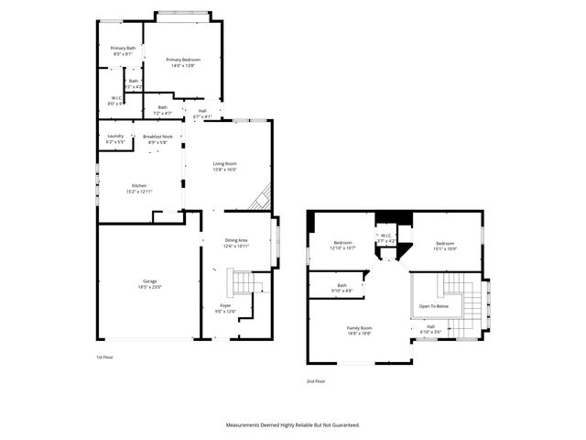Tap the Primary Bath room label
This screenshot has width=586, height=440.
click(123, 49)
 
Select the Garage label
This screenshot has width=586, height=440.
click(149, 282)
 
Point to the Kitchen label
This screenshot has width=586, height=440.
click(139, 185)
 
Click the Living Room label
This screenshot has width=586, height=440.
click(225, 164)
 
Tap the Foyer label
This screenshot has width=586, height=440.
click(225, 304)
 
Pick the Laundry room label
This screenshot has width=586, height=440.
click(115, 136)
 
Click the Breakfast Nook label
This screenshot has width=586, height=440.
click(157, 136)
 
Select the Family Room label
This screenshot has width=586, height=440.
click(359, 327)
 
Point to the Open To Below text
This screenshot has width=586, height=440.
click(434, 306)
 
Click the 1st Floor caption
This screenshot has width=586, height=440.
click(105, 357)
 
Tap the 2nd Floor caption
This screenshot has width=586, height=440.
click(316, 380)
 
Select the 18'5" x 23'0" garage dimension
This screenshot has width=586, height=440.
click(149, 288)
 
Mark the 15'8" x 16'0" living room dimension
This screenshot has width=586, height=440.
click(225, 170)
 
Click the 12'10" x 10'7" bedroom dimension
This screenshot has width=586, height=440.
click(342, 247)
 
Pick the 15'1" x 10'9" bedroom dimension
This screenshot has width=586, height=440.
click(446, 247)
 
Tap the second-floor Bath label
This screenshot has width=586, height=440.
click(342, 286)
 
